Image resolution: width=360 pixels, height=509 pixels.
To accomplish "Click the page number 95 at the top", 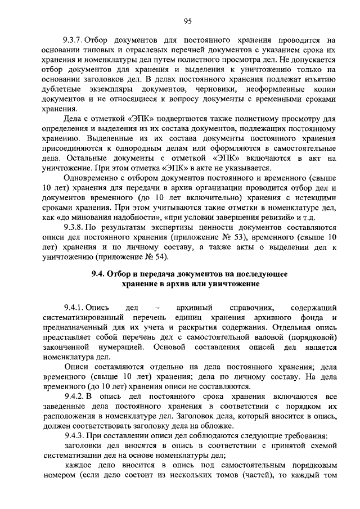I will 188,21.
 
